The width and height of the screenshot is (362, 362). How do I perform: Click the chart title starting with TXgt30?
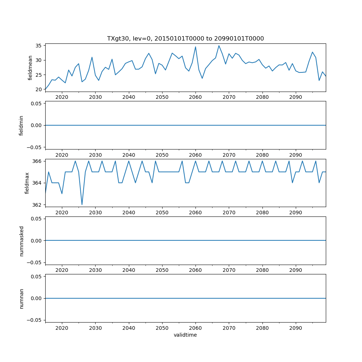pyautogui.click(x=185, y=38)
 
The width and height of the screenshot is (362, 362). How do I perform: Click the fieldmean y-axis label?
pyautogui.click(x=30, y=68)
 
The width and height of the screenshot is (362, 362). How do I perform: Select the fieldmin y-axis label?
pyautogui.click(x=21, y=125)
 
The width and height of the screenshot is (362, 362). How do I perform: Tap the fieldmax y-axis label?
pyautogui.click(x=27, y=183)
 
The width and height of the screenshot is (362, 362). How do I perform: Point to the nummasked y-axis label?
pyautogui.click(x=21, y=241)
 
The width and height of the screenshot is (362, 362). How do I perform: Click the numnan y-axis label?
pyautogui.click(x=21, y=298)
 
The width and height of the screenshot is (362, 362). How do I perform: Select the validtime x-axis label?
pyautogui.click(x=185, y=335)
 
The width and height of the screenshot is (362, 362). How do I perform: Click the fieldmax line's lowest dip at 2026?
pyautogui.click(x=82, y=205)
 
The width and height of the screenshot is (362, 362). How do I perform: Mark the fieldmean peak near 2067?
pyautogui.click(x=219, y=46)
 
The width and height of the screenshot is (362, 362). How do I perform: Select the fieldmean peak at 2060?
pyautogui.click(x=195, y=47)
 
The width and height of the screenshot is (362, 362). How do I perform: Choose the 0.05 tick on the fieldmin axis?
pyautogui.click(x=35, y=104)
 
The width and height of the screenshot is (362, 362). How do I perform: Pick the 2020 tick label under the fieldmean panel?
pyautogui.click(x=62, y=97)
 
